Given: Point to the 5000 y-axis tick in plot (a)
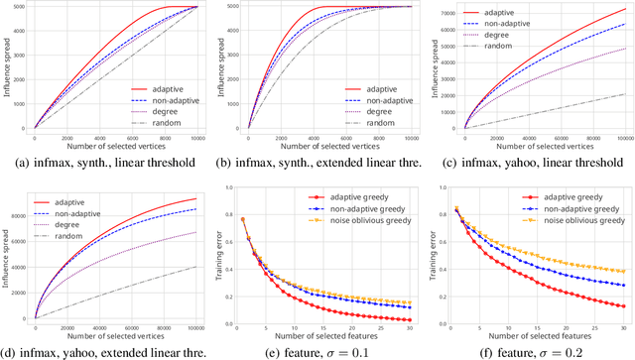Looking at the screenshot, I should pos(22,8).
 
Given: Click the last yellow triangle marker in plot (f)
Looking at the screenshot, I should pos(621,272).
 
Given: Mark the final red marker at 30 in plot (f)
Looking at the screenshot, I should pos(621,306).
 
